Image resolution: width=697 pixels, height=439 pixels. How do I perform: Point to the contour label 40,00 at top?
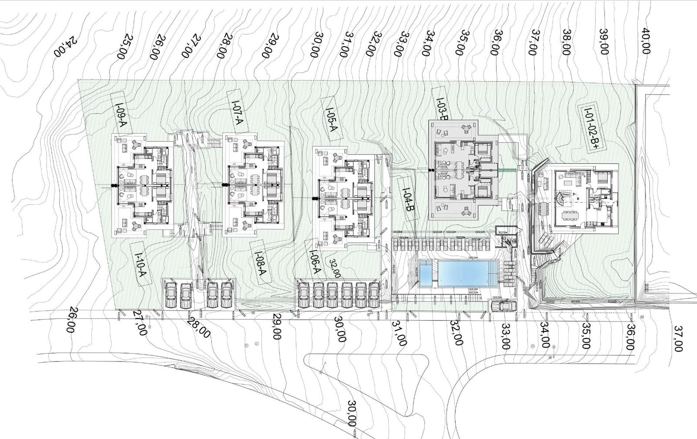(x=646, y=41)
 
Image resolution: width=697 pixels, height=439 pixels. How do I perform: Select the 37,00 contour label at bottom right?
(x=678, y=338)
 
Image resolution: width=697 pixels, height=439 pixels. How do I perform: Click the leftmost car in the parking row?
(x=171, y=295)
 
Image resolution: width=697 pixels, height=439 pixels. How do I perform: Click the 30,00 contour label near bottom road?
(x=351, y=413)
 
